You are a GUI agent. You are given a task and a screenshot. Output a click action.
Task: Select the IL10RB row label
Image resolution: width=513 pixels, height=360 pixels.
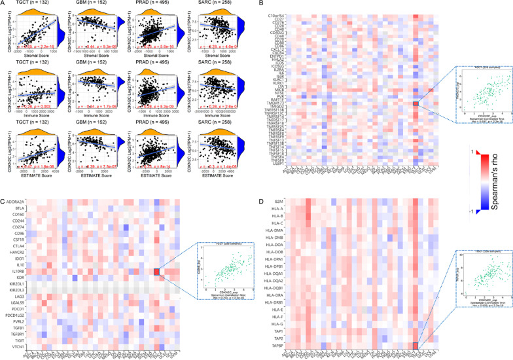tap(18, 271)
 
